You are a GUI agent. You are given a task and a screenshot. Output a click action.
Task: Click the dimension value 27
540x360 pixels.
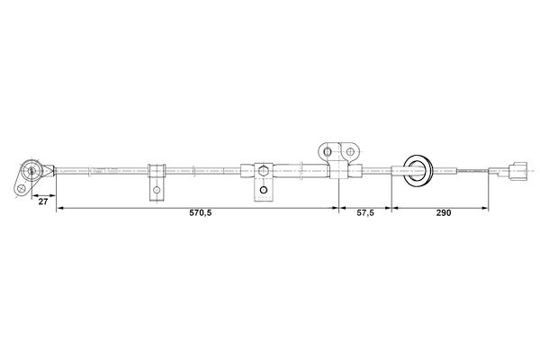pos(43,202)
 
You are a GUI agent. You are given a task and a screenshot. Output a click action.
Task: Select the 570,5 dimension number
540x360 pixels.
pos(201,213)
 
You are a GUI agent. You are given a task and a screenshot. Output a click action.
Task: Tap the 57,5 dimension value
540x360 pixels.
pos(365,213)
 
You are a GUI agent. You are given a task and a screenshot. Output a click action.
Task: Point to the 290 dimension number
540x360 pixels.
pos(444,213)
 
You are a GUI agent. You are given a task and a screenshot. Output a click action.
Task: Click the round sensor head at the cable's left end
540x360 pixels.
pos(31,170)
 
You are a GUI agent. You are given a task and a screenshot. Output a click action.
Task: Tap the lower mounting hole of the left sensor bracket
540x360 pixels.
pos(21,189)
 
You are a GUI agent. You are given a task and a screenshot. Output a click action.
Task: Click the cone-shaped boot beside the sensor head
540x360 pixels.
pos(49,170)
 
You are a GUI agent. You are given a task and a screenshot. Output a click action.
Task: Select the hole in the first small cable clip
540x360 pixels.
pos(157,190)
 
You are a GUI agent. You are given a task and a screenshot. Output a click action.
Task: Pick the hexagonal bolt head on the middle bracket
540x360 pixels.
pos(264,170)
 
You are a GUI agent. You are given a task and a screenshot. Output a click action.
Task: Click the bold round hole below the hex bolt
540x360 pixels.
pos(264,190)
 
